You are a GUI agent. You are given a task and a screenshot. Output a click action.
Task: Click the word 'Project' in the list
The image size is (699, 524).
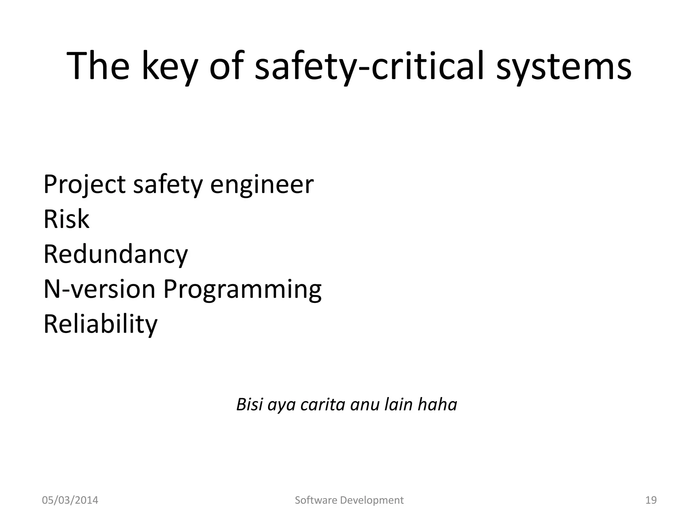point(84,185)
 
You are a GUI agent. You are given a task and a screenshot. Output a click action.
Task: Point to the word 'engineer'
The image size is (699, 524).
point(262,185)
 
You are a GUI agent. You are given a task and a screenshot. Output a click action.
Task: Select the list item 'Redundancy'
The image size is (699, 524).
point(116,254)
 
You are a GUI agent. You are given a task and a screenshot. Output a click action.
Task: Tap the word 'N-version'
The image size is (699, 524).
point(99,289)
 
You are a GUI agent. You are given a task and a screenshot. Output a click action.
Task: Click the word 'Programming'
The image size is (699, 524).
point(242,289)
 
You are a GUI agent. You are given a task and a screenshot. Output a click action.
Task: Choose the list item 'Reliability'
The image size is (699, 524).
point(100,324)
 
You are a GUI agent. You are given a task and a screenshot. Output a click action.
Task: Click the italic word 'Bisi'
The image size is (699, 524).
point(250,405)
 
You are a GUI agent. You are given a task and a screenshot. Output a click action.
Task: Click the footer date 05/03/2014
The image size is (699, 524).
point(70,500)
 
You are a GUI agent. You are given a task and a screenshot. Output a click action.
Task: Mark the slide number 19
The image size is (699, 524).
point(651,500)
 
